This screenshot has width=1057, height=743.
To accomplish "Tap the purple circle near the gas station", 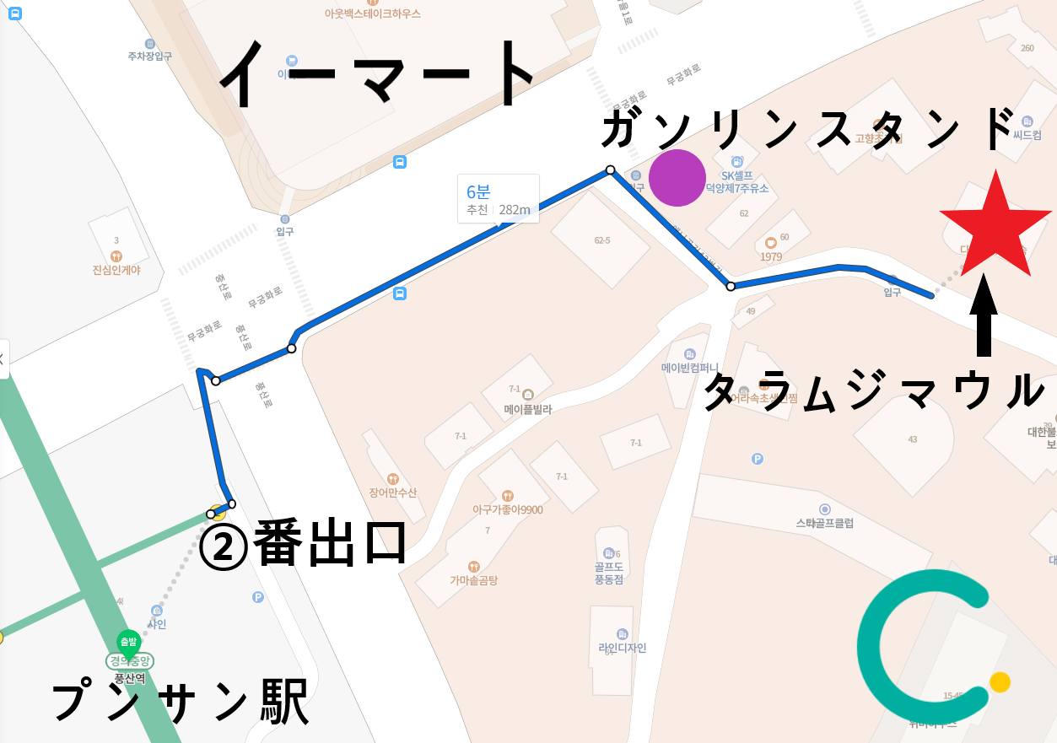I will point(677,178).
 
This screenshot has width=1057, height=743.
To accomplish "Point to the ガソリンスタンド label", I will point(807,130).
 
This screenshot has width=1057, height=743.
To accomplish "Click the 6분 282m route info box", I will point(498,199).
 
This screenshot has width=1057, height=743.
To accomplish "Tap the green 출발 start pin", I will point(128,643).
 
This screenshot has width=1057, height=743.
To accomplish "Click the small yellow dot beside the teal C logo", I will point(1000,681).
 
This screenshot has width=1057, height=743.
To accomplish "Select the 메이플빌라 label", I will point(528,410).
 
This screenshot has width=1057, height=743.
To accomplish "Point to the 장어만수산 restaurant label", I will point(393,493).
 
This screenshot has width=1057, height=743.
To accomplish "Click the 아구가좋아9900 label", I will point(507,509).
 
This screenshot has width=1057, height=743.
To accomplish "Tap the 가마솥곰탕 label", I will point(473,580).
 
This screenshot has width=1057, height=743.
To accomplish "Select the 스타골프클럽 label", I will point(824,523).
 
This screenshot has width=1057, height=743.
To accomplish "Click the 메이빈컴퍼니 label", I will point(690,368).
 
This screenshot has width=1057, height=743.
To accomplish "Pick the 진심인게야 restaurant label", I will point(116,270).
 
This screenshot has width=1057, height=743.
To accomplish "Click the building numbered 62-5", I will point(601,240).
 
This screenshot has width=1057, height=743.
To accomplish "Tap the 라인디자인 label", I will point(622,648).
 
